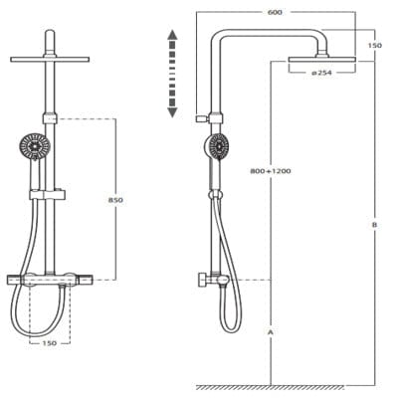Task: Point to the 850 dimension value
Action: [115, 200]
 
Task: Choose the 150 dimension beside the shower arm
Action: [375, 45]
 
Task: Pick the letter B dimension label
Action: [374, 225]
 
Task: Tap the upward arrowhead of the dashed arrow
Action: [172, 35]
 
